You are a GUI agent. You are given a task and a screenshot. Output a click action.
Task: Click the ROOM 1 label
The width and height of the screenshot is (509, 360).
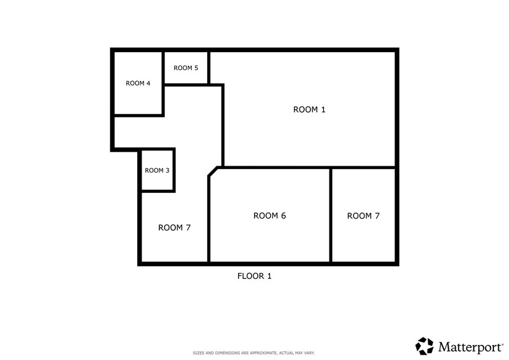tap(309, 109)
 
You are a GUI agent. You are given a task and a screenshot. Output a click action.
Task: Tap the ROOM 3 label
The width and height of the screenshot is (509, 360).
tap(157, 171)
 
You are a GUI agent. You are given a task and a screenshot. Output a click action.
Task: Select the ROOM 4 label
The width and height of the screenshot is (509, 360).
tap(138, 83)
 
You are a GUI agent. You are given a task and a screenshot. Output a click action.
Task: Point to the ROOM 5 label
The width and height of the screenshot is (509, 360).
tap(186, 68)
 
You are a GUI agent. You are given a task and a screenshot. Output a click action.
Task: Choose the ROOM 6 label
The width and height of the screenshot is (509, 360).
tap(269, 216)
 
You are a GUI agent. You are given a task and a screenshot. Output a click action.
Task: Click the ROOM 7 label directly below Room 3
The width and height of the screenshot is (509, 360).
tap(174, 228)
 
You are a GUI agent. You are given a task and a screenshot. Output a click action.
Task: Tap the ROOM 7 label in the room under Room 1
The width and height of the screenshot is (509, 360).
tap(363, 216)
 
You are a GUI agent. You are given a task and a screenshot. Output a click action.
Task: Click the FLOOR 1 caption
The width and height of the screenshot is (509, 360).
tap(254, 276)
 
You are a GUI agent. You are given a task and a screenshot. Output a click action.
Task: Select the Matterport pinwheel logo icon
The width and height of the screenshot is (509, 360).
tap(424, 346)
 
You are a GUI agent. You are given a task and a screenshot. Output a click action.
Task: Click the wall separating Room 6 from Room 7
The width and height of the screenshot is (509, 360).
tap(331, 215)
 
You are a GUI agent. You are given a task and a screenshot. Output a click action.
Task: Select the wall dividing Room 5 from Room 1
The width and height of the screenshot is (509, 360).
tap(208, 68)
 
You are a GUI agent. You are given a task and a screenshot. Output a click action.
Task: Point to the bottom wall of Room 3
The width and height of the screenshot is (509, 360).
tap(158, 191)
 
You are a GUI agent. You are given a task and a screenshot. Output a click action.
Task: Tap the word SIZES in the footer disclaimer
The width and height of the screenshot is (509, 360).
tap(198, 353)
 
